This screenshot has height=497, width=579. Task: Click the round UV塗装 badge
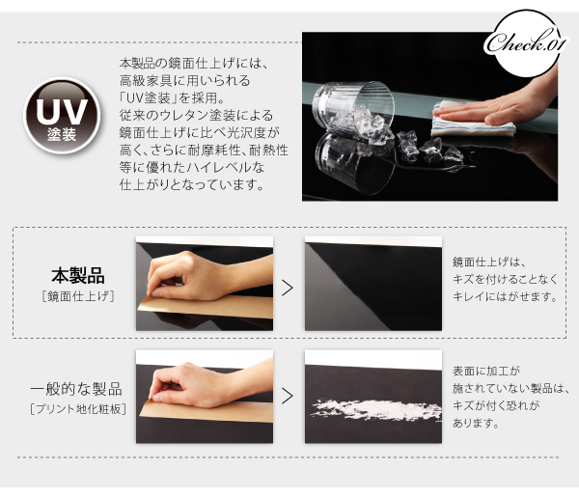coord(62,116)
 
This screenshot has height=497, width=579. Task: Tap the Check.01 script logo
coord(524,43)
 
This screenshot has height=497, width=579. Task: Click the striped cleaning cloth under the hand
coord(473,122)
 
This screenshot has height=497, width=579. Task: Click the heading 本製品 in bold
coord(78,276)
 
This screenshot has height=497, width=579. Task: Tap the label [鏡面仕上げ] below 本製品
coord(78,296)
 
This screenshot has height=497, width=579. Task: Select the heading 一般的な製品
coord(76,389)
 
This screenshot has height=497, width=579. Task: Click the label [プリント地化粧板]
coord(78,409)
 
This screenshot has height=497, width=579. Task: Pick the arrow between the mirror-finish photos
coord(288,288)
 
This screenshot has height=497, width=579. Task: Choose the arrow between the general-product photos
coord(288,396)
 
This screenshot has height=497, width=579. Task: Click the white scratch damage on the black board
coord(376,409)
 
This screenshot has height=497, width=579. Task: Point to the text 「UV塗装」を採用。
coord(172,97)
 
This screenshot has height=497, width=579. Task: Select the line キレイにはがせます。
coord(505,296)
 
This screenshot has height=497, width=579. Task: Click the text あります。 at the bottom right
coord(477,423)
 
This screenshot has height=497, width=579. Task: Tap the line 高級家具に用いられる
coord(184,80)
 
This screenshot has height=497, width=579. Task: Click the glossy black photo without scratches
coord(372,284)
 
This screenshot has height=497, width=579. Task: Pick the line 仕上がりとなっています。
coord(192,184)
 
